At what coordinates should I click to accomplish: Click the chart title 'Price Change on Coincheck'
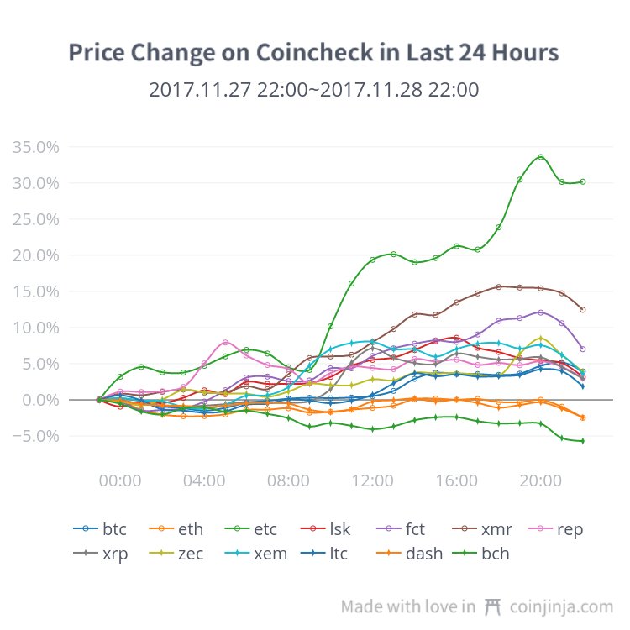coord(312,53)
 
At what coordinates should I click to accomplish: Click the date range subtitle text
coord(313,90)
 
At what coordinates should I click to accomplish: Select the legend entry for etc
coord(250,529)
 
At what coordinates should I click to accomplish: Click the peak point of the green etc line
coord(541,157)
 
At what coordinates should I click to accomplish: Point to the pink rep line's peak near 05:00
coord(225,343)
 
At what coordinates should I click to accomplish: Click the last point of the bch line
coord(582,441)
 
